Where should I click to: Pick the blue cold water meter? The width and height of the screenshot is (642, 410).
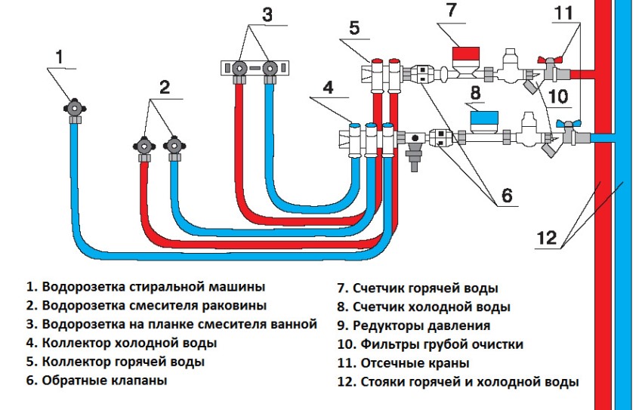(484, 119)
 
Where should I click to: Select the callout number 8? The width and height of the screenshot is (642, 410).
(475, 94)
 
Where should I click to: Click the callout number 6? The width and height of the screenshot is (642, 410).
(506, 195)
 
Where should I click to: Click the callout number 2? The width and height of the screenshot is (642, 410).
(163, 88)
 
